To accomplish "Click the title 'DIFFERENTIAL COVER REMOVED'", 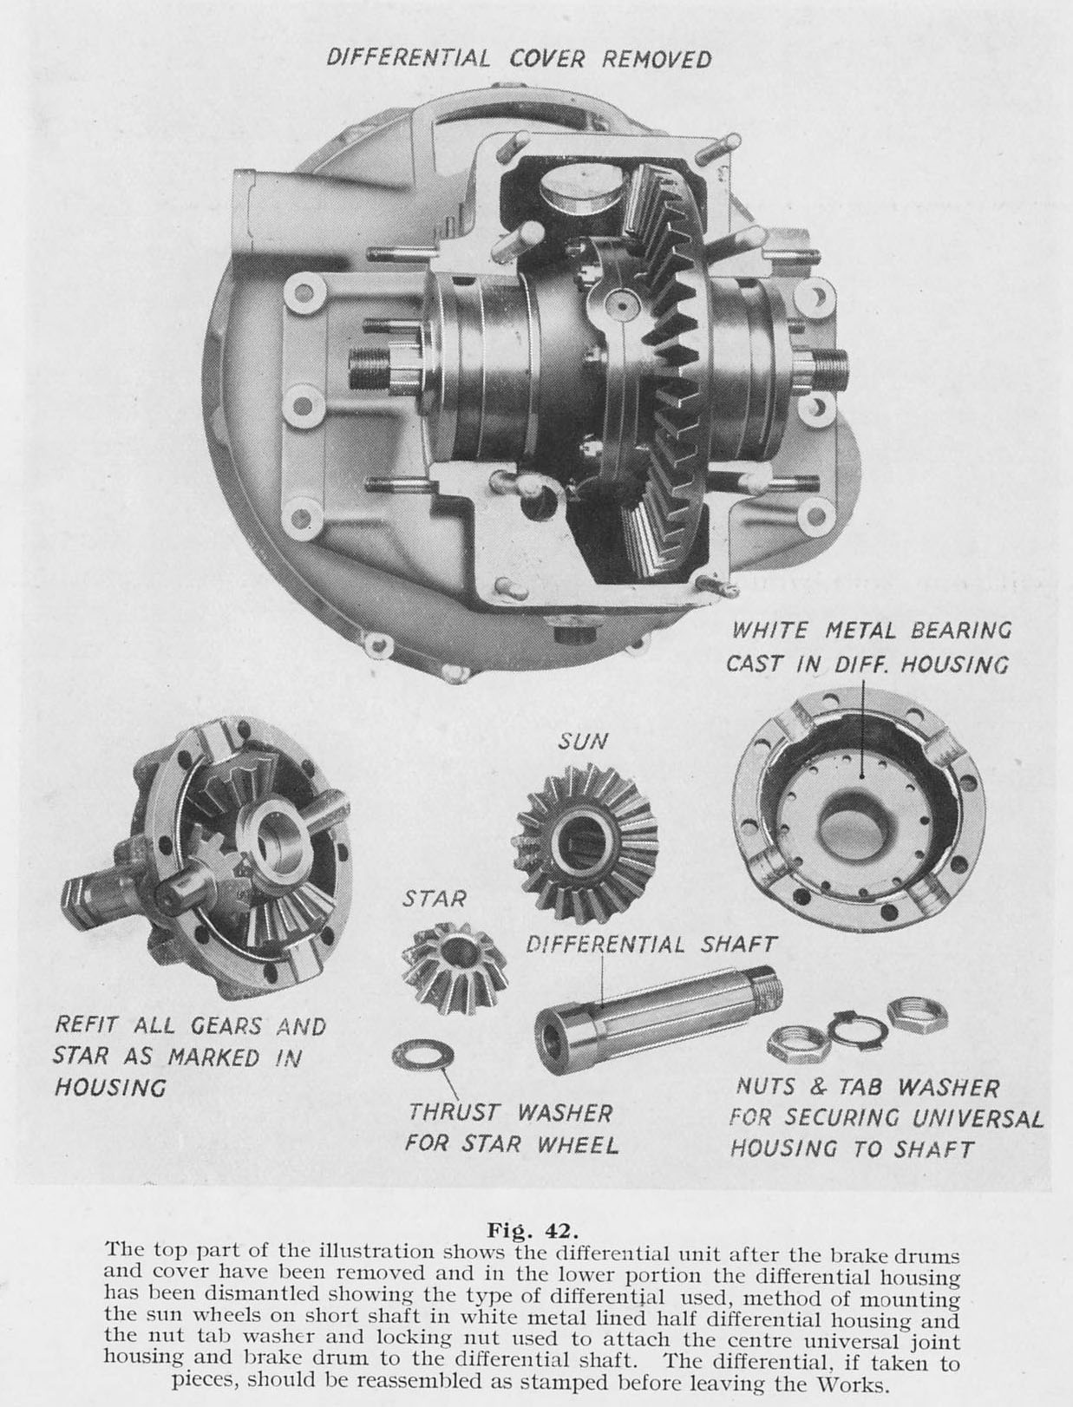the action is [x=519, y=58].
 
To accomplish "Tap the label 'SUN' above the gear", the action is [x=582, y=742].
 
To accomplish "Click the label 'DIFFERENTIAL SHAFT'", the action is [x=651, y=944].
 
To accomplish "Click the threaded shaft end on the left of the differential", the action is [x=370, y=370].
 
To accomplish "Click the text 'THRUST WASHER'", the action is [x=510, y=1112].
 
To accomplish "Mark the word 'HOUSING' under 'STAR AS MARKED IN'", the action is [x=109, y=1087].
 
